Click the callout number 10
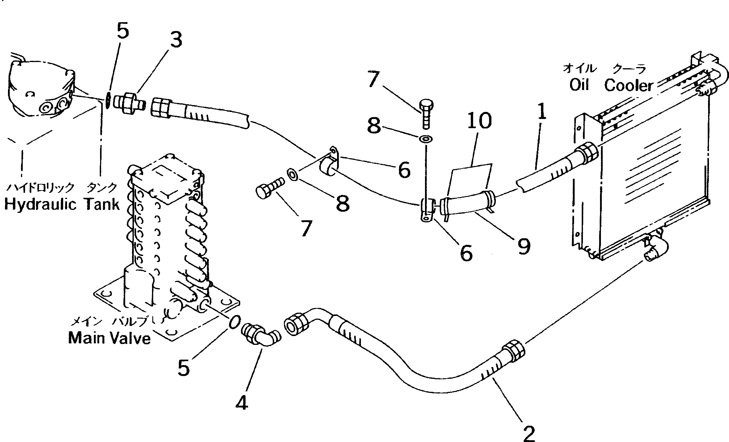click(479, 121)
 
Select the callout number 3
click(176, 40)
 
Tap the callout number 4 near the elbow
click(242, 403)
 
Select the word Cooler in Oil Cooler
click(628, 86)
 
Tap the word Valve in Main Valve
click(129, 338)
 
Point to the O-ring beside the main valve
click(234, 322)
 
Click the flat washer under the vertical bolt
click(426, 138)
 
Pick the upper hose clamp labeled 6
click(329, 162)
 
